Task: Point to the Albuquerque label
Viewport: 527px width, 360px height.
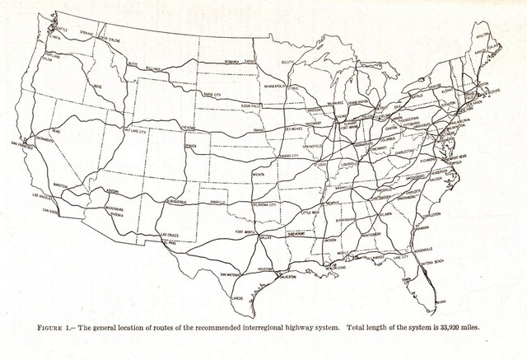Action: point(179,200)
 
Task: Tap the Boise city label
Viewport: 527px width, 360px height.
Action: point(98,85)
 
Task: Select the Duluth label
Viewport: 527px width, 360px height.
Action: point(287,62)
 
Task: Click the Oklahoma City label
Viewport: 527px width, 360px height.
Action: point(263,204)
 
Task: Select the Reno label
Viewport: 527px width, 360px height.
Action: point(55,131)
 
